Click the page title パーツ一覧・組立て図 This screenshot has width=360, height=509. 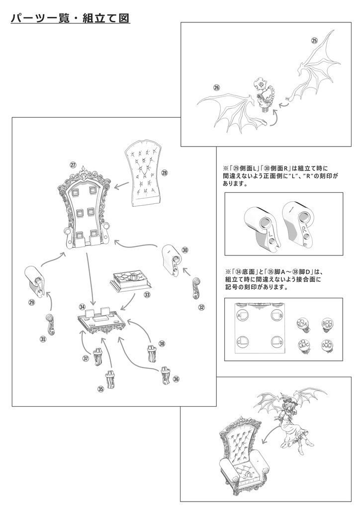point(70,18)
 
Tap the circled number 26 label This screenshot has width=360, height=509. point(216,87)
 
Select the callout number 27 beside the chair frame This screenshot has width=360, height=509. point(73,166)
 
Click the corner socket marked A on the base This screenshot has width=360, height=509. point(243,316)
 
